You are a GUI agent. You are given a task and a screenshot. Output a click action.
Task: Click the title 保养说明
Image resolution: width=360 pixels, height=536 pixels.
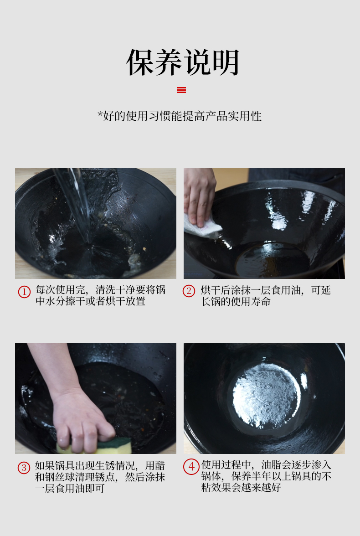pos(183,62)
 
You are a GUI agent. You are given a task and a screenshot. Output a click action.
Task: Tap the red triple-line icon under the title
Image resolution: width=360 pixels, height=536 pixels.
pos(181,90)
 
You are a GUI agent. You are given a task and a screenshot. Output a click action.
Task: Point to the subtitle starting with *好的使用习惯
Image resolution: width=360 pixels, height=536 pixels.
pos(180,116)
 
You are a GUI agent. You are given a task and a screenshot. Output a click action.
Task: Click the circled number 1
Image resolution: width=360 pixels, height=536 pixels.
pos(24,292)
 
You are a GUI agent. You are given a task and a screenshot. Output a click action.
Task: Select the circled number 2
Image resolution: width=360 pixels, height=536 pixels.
pos(189,291)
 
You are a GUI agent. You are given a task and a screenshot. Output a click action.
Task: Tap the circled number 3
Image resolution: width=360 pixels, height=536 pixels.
pos(24,468)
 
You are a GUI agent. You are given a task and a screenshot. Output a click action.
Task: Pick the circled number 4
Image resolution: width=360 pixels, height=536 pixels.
pos(191,467)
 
